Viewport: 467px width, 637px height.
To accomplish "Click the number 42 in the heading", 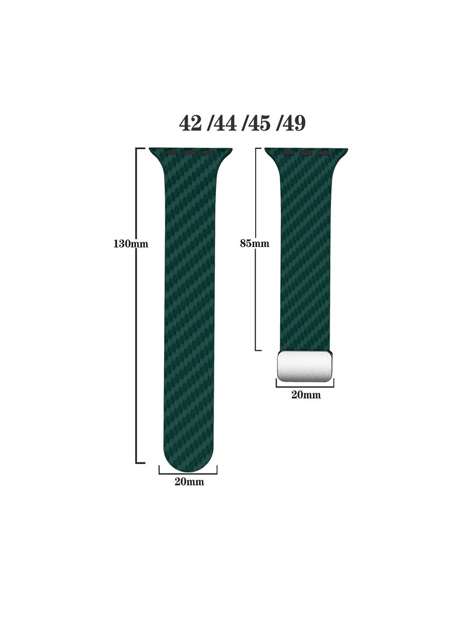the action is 191,123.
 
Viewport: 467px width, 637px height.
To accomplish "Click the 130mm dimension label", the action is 131,244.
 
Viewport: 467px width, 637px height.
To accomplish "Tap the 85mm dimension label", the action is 255,243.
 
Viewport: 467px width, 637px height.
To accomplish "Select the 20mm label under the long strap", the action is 189,482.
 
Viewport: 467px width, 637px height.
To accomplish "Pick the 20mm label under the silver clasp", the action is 306,395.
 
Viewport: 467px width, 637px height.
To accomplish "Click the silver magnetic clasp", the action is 305,366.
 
